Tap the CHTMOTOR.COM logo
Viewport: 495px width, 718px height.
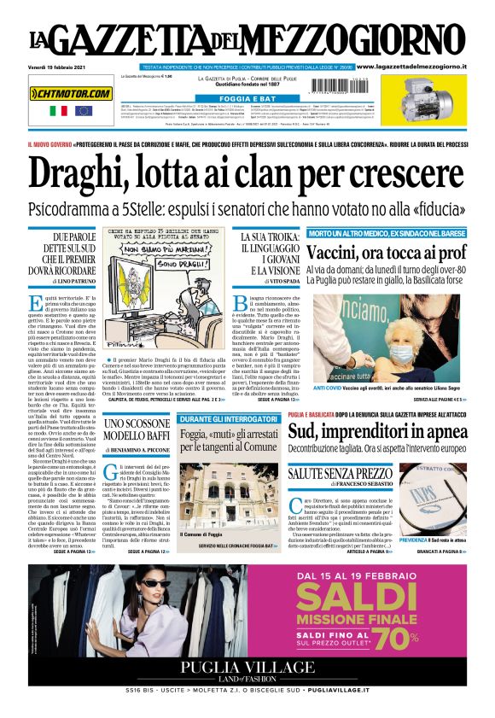[71, 93]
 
